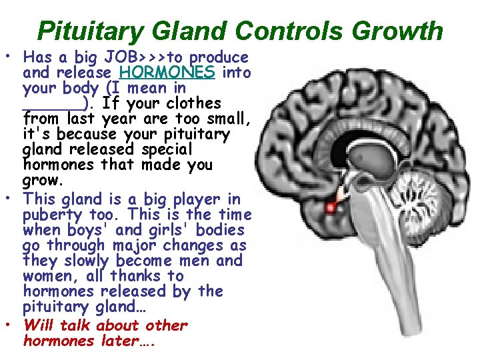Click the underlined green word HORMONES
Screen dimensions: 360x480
click(167, 72)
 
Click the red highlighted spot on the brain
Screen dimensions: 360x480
click(330, 209)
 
